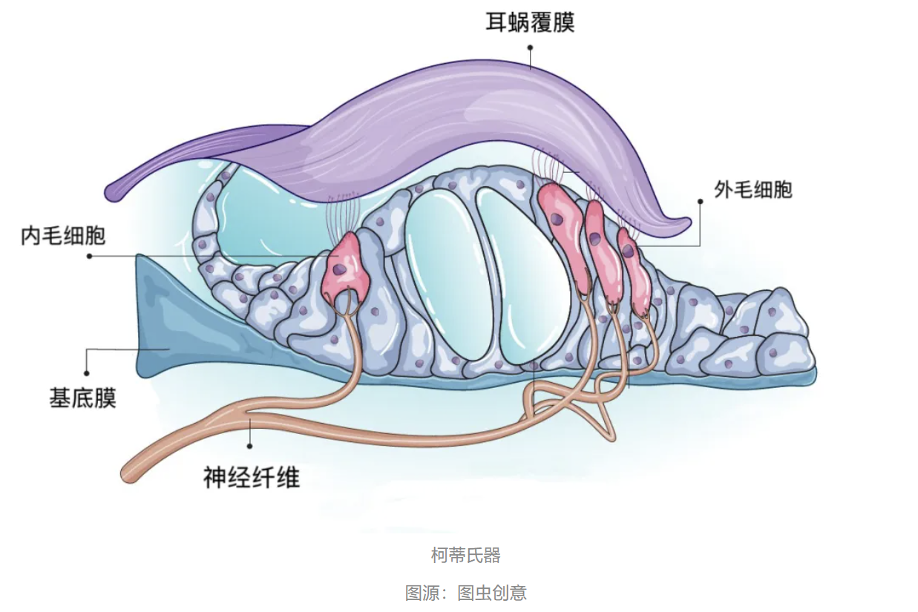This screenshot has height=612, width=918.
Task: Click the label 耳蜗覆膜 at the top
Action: click(530, 22)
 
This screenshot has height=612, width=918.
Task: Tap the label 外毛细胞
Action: click(753, 190)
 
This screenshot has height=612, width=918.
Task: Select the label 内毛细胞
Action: click(63, 236)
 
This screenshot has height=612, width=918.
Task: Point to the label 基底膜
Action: click(83, 398)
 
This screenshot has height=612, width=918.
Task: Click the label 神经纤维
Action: click(252, 477)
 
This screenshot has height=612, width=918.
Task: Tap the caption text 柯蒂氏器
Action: click(465, 555)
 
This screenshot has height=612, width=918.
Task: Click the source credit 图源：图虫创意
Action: click(465, 593)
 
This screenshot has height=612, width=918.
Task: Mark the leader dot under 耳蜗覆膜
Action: click(530, 46)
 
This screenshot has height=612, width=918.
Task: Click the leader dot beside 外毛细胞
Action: click(700, 200)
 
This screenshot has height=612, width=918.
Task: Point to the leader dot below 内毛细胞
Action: click(89, 256)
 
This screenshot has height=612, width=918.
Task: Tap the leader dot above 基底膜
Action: click(87, 373)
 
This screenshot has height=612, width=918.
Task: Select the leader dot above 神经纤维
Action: click(250, 447)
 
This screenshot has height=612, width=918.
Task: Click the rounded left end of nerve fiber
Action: click(132, 473)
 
